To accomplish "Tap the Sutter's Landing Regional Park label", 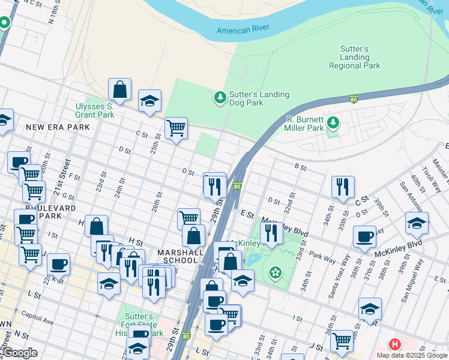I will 354,57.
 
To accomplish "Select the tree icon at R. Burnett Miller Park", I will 333,124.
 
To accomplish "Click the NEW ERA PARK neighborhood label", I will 58,127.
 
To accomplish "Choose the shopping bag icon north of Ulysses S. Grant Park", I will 120,90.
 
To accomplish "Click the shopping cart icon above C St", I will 176,127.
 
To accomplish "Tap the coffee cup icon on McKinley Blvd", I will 364,236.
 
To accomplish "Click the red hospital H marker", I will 394,344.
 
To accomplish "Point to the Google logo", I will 20,353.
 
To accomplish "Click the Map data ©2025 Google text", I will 412,355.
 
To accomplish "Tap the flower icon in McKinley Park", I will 276,272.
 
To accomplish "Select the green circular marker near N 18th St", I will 5,23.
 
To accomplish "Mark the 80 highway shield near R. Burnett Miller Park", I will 355,100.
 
